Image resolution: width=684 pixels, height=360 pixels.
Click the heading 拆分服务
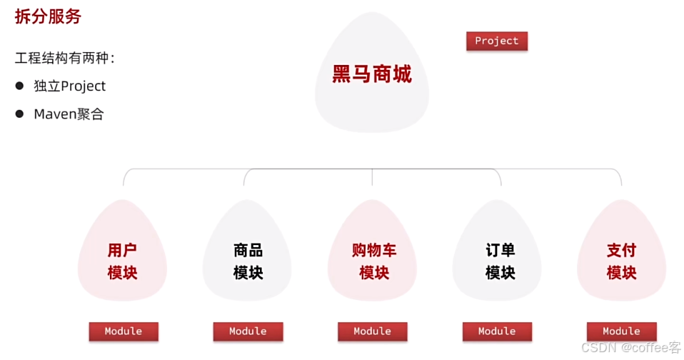tap(48, 17)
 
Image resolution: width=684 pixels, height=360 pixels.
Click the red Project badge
tap(496, 41)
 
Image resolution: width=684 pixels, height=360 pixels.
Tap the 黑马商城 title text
tap(372, 74)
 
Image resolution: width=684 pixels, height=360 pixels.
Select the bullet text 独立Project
tap(70, 86)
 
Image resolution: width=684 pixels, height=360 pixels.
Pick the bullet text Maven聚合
tap(69, 114)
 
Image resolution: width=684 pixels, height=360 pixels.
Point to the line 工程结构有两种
tap(65, 59)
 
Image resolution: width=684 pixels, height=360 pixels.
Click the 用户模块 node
tap(122, 261)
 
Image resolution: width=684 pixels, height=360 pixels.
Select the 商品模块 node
tap(248, 261)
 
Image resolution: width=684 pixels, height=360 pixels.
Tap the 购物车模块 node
tap(373, 261)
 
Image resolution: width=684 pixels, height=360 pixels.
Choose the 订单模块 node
tap(500, 261)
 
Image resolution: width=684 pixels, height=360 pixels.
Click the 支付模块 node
tap(621, 261)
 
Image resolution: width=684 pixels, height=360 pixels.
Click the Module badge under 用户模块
tap(124, 331)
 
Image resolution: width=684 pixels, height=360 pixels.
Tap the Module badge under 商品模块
tap(248, 331)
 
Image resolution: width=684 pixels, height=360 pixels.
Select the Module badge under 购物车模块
tap(372, 331)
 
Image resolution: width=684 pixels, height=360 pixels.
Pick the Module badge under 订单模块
tap(497, 331)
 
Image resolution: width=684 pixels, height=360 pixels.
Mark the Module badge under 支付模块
tap(621, 331)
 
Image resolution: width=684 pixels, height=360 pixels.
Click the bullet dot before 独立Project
tap(20, 86)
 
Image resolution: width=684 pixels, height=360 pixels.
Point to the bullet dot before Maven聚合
tap(20, 114)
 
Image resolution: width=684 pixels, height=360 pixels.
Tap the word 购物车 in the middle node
tap(373, 251)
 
